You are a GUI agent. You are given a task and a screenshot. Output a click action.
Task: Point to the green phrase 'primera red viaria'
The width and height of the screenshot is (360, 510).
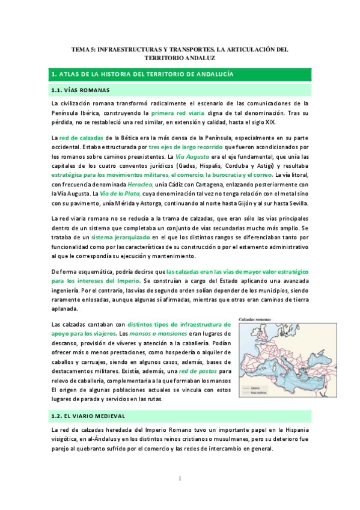(177, 113)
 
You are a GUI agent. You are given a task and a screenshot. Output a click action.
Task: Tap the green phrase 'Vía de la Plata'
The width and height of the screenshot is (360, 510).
(120, 193)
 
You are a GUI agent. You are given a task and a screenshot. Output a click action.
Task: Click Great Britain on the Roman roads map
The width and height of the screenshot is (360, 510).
(252, 343)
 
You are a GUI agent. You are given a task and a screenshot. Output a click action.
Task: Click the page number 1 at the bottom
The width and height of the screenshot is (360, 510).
(180, 478)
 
